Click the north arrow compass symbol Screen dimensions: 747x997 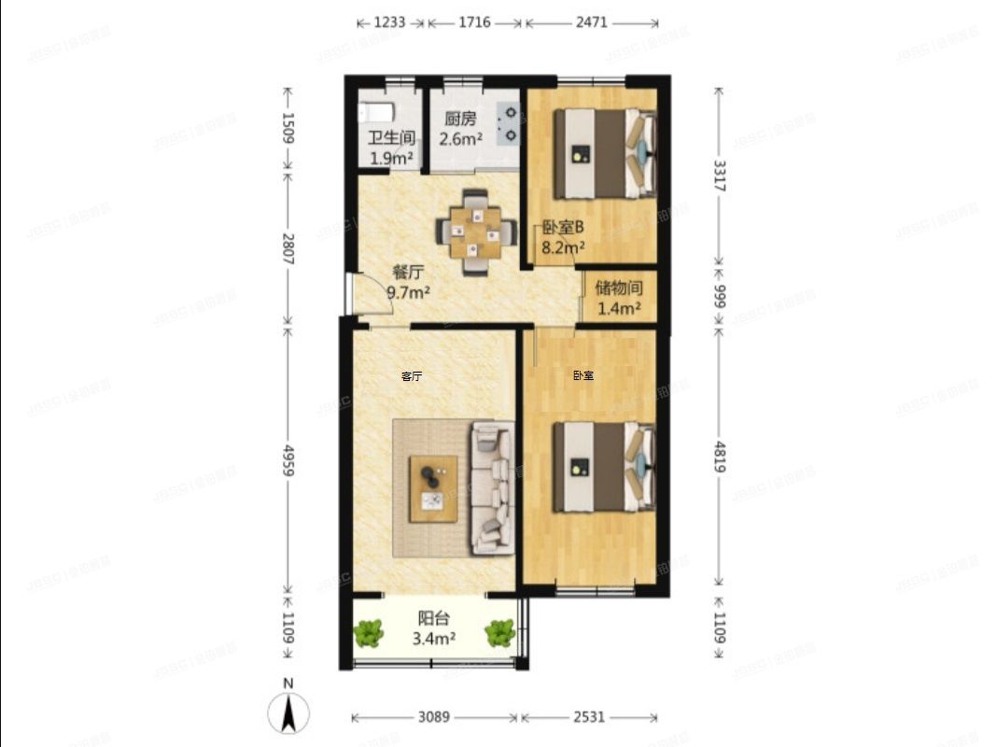(289, 714)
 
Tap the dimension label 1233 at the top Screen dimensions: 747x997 (389, 22)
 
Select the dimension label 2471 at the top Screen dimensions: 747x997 (591, 22)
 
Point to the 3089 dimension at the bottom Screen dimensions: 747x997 (434, 717)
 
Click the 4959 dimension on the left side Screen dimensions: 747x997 (288, 458)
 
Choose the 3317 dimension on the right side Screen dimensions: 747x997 (719, 176)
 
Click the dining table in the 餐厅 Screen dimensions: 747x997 (475, 232)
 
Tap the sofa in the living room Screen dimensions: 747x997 (491, 487)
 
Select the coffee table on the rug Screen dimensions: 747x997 (434, 487)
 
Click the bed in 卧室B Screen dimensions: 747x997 (603, 153)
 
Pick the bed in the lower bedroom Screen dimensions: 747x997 (603, 467)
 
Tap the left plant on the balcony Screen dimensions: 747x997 (369, 634)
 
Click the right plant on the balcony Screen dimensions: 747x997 (499, 634)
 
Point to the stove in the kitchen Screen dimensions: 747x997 (509, 123)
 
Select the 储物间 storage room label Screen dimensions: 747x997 (619, 288)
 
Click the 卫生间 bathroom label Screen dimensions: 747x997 (390, 138)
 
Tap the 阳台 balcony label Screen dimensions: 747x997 (434, 617)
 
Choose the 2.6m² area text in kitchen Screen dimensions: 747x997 (462, 139)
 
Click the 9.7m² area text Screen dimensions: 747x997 (409, 292)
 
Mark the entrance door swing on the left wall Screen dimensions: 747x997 (351, 293)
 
